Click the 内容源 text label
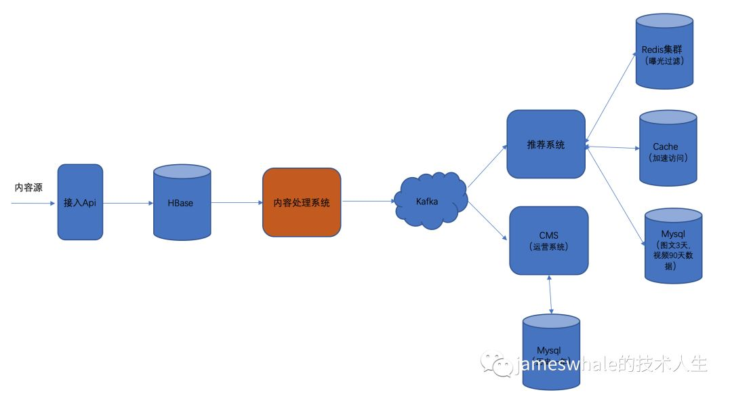(28, 188)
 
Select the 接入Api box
(80, 202)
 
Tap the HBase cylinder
(181, 203)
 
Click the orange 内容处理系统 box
(302, 202)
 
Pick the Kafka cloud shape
(427, 202)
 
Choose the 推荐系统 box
(546, 145)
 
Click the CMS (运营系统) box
(549, 240)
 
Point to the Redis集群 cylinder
(665, 54)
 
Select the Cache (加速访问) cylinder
(668, 150)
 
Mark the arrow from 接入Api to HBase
(128, 202)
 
